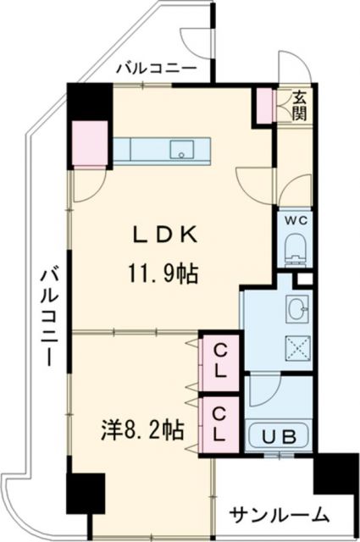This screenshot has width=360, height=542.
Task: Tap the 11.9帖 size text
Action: tap(163, 273)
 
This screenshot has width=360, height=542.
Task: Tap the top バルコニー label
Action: tap(156, 68)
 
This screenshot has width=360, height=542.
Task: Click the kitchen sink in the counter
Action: tap(182, 150)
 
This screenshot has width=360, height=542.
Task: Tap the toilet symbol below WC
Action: tap(296, 248)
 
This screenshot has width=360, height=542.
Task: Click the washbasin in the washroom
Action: tap(297, 310)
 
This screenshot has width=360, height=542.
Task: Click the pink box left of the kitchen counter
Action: tap(89, 142)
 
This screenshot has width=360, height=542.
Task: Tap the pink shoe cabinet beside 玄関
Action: tap(266, 103)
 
